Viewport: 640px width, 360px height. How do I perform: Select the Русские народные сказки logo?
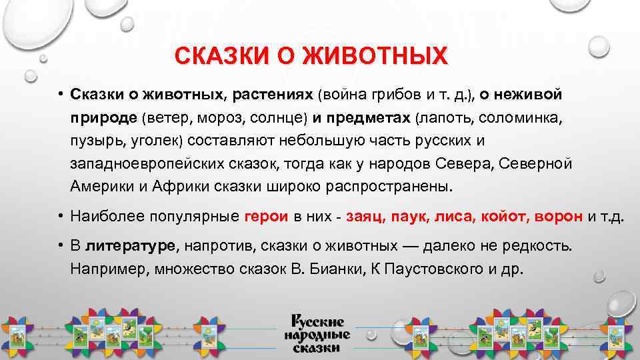pos(315,332)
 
